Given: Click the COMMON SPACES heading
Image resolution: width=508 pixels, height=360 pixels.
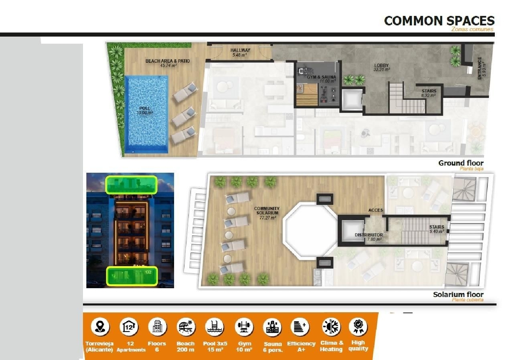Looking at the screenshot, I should point(439,21).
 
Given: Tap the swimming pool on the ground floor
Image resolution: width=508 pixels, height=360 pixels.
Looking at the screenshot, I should point(146,114).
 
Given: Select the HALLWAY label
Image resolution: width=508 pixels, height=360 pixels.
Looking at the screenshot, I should point(240,50).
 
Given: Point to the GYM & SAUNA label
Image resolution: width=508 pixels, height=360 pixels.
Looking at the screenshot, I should point(321,77).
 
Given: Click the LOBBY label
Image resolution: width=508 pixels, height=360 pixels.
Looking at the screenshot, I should point(381,66).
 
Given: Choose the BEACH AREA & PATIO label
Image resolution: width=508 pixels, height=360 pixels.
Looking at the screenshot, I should point(168,61).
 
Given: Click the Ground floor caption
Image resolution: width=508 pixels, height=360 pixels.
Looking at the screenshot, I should point(461,163).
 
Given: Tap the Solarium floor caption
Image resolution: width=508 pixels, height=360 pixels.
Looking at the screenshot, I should point(458,294).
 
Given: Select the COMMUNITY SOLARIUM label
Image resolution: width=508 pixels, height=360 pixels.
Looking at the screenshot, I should point(267,211).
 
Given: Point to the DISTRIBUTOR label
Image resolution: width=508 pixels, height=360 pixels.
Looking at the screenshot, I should point(369,235).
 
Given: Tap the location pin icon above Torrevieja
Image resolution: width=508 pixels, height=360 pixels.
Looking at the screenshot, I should point(100,327).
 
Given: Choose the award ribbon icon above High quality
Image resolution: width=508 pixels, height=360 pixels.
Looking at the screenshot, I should point(358,327).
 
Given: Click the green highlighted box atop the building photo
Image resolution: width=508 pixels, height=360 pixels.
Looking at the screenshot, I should point(131,185).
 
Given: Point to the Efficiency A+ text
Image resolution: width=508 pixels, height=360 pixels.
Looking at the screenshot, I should point(301,346).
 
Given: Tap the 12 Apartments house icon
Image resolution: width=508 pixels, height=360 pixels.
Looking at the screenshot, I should point(129,327).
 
